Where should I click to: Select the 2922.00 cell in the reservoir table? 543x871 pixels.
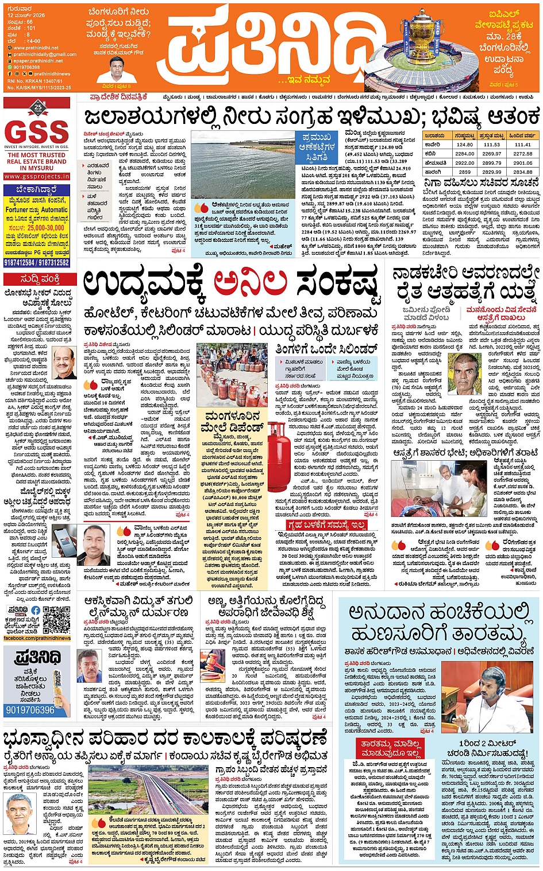click(465, 162)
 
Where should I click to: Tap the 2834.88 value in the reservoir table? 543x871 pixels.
click(522, 172)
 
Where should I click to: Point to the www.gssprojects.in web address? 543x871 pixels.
click(37, 176)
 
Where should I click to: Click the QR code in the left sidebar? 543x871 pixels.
click(56, 620)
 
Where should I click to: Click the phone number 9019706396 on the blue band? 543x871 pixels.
click(30, 710)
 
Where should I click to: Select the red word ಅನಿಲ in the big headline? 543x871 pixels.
click(250, 283)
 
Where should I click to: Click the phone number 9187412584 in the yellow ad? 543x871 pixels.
click(20, 262)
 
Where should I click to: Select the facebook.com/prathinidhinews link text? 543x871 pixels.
click(37, 638)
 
